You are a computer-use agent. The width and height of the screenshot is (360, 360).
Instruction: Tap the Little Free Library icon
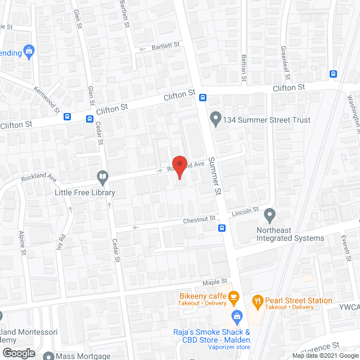(102, 178)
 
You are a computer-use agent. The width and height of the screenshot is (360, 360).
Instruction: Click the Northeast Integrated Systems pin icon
(270, 214)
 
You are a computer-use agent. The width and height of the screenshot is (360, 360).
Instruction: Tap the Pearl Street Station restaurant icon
(258, 301)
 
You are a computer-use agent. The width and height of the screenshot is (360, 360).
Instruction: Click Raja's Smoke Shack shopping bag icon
(237, 316)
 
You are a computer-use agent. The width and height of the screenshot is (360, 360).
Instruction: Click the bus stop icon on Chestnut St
(222, 228)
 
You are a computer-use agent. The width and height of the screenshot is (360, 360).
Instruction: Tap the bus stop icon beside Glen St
(89, 119)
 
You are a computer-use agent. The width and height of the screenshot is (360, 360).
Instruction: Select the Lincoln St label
(245, 212)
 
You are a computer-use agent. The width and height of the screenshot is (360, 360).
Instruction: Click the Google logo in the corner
(18, 353)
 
